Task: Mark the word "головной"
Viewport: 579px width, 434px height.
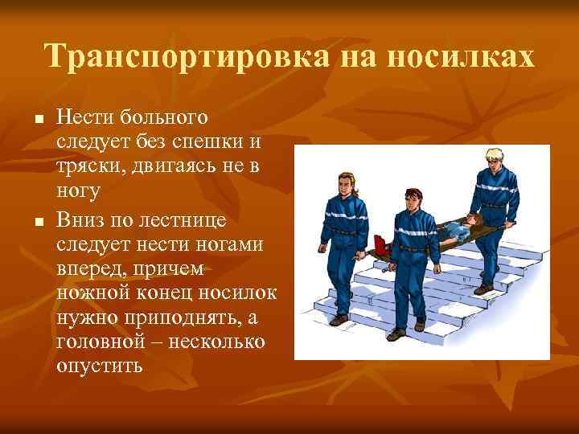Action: (x=96, y=342)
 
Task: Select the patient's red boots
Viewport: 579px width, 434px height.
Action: (x=381, y=243)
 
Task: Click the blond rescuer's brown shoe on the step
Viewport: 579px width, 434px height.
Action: (x=482, y=288)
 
